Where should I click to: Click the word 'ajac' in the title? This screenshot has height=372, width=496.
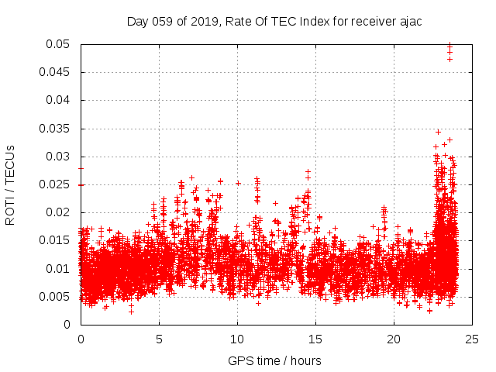click(409, 22)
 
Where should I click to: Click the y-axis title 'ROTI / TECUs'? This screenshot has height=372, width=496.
click(10, 184)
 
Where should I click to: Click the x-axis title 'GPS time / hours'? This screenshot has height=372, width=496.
click(274, 361)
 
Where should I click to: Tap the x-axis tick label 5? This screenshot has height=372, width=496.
click(159, 339)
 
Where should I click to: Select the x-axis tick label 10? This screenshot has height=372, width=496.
click(237, 339)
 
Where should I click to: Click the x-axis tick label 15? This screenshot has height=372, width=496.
click(315, 339)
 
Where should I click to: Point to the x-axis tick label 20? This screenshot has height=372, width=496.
click(394, 339)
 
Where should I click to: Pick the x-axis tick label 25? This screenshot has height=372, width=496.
click(472, 339)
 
